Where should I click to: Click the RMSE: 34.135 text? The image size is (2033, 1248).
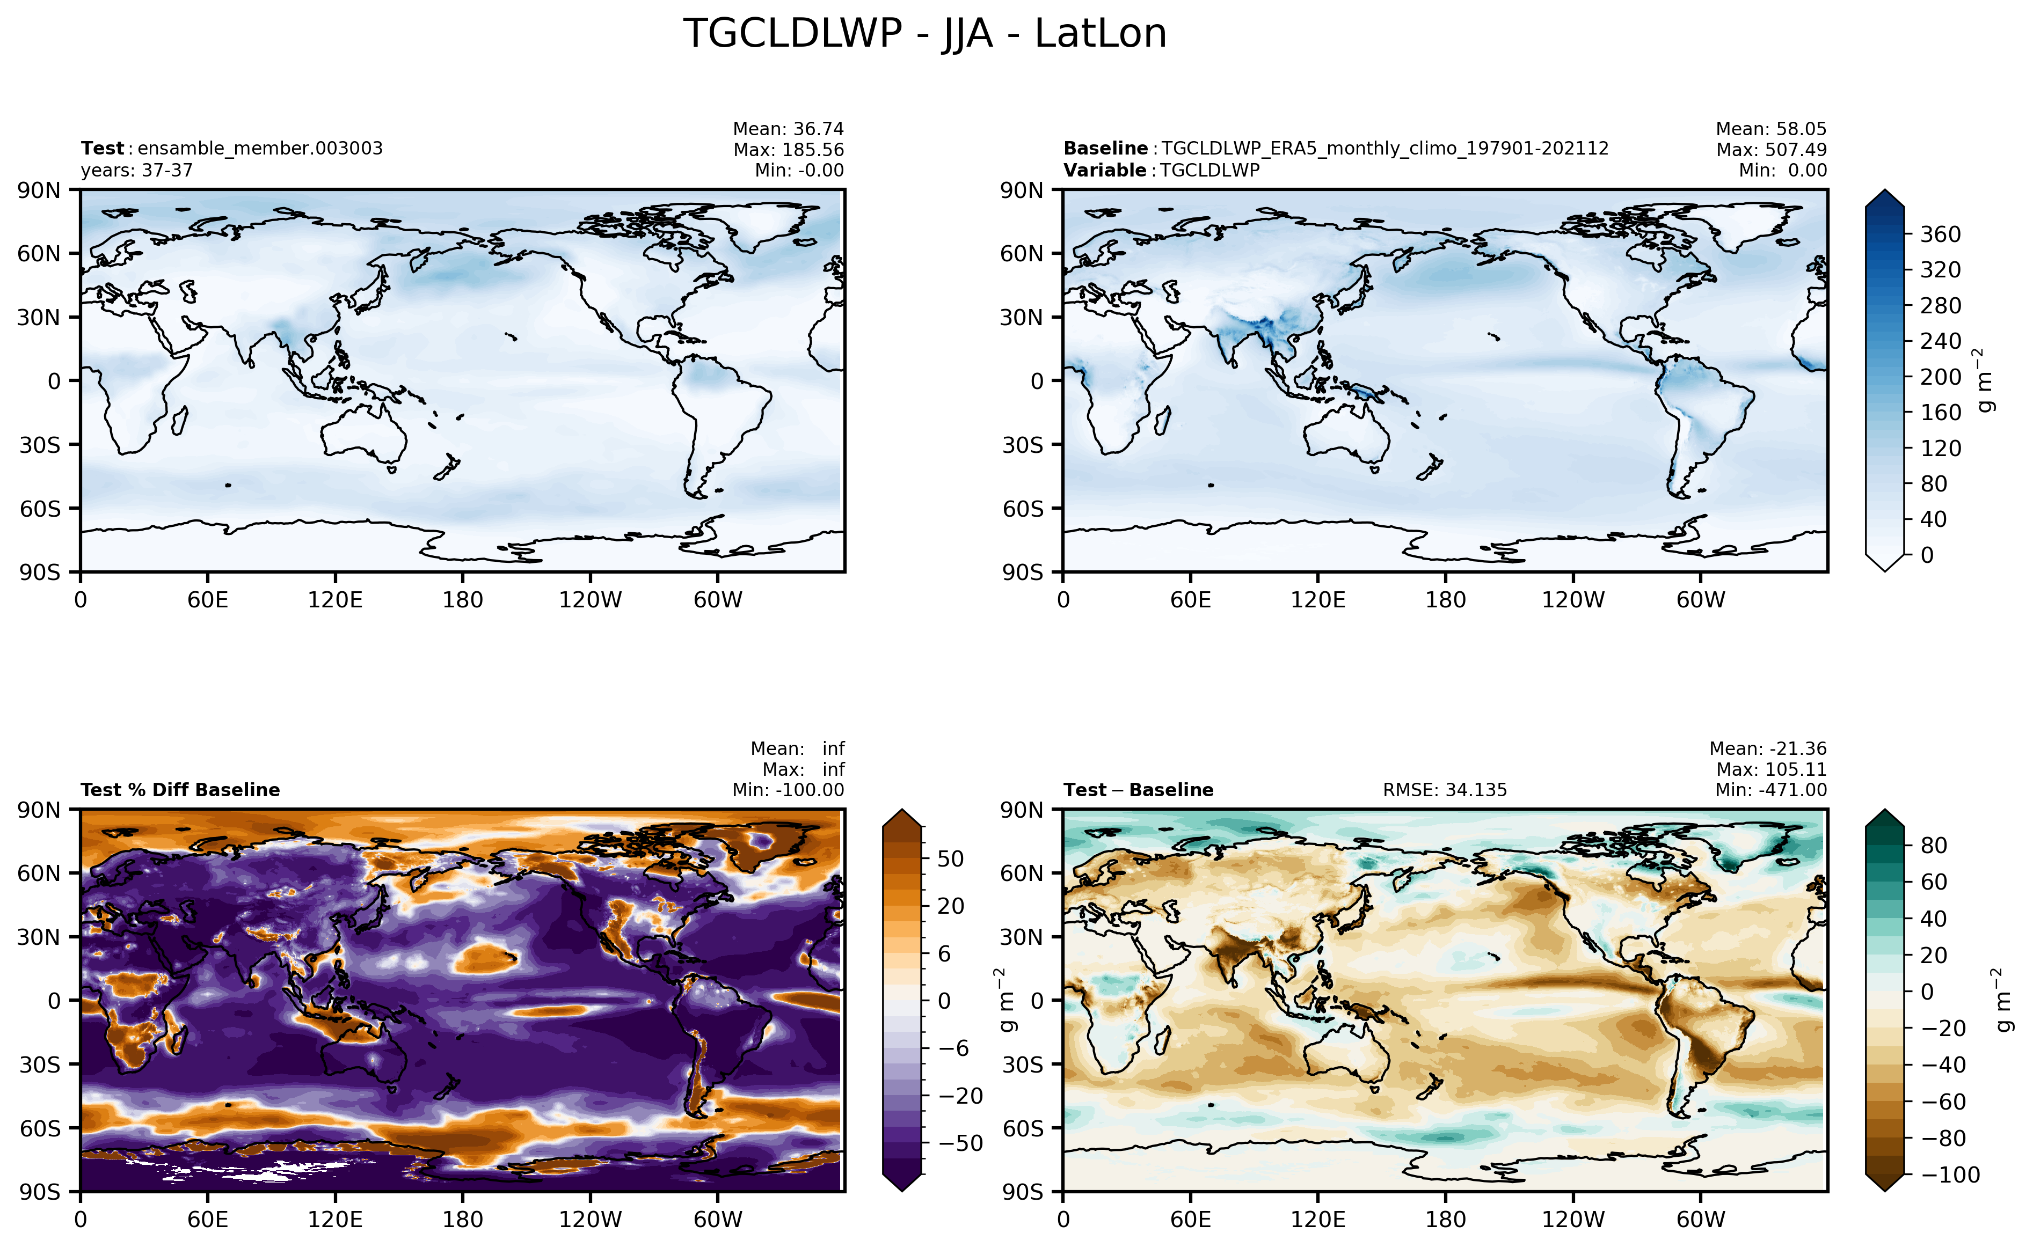point(1445,790)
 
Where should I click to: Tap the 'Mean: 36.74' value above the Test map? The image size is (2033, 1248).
point(789,129)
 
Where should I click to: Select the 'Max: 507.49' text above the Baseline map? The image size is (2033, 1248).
point(1771,149)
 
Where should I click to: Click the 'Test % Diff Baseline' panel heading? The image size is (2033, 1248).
point(180,790)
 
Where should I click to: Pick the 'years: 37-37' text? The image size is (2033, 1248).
point(136,170)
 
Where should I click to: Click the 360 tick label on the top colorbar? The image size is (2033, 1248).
point(1941,234)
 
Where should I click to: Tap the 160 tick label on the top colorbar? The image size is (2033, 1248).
point(1941,413)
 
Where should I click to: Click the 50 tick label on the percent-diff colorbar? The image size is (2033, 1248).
point(950,859)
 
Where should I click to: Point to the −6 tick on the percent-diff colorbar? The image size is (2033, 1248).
point(954,1048)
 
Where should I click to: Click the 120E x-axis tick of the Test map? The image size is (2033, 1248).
point(336,600)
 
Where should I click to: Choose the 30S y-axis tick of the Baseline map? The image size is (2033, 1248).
point(1022,445)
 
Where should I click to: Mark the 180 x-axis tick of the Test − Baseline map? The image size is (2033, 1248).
point(1445,1219)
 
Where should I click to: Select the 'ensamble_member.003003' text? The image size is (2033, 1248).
point(260,149)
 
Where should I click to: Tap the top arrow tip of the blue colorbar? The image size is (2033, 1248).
point(1885,190)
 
